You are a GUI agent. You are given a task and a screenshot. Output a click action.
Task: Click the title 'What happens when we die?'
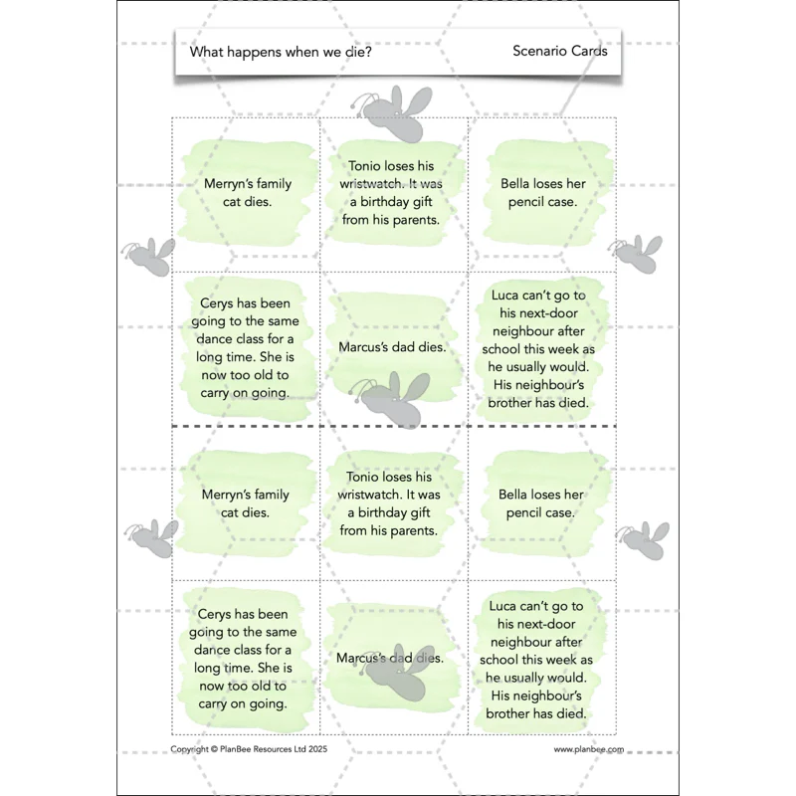[x=281, y=52]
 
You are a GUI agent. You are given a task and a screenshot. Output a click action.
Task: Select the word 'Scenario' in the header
[x=539, y=51]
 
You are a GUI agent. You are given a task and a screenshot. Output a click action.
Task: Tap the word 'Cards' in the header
[x=589, y=51]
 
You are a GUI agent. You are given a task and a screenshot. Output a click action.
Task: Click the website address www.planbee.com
[x=589, y=749]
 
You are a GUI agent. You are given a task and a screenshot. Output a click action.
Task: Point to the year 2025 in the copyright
[x=317, y=749]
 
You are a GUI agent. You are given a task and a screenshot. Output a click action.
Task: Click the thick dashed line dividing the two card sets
[x=394, y=427]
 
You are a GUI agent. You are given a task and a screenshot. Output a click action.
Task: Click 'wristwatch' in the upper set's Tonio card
[x=372, y=184]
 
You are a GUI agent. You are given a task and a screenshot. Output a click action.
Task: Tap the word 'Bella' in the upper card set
[x=515, y=184]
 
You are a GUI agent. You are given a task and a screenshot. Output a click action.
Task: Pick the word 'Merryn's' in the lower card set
[x=225, y=495]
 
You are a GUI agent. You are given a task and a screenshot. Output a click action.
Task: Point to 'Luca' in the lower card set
[x=503, y=606]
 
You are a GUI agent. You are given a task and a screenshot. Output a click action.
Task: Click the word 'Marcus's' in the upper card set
[x=362, y=347]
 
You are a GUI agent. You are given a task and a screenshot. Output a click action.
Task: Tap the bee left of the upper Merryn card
[x=147, y=257]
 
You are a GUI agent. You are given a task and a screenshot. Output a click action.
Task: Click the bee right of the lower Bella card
[x=643, y=540]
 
